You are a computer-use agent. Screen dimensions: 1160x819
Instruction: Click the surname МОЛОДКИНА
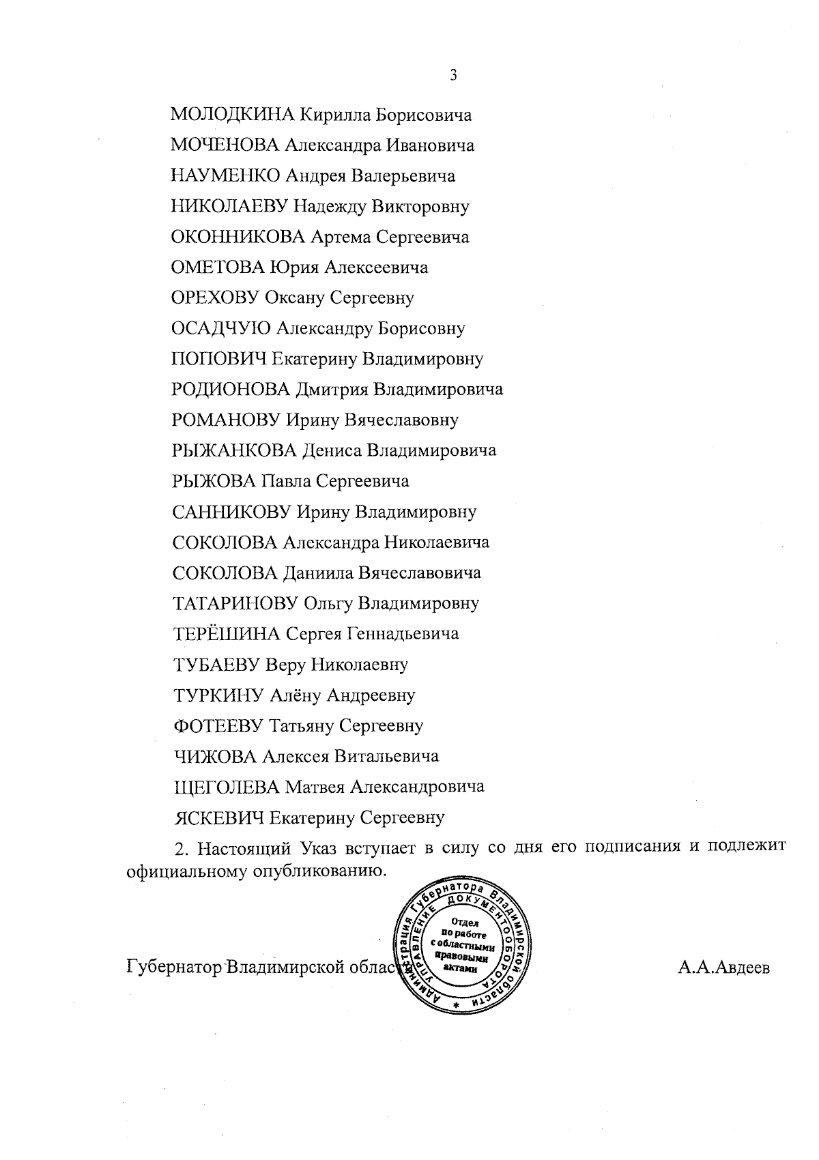tap(232, 115)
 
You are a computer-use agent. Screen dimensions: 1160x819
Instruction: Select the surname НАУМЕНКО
tap(225, 176)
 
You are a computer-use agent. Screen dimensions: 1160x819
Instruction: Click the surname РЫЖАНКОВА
tap(234, 451)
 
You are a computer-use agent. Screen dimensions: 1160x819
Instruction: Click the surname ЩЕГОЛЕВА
tap(227, 787)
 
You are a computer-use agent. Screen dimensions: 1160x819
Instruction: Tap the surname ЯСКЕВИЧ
tap(219, 817)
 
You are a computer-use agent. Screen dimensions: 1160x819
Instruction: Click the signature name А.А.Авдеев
tap(724, 968)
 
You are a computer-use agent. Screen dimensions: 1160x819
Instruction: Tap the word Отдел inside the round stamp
tap(464, 923)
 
